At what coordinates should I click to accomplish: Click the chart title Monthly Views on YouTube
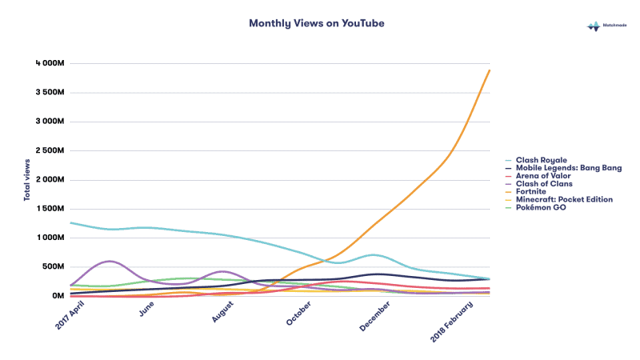317,24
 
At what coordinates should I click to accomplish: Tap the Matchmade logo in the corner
609,26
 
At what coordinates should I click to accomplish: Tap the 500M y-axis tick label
51,266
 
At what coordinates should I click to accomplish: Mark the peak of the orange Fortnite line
490,70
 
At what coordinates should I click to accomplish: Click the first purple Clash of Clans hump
109,261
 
